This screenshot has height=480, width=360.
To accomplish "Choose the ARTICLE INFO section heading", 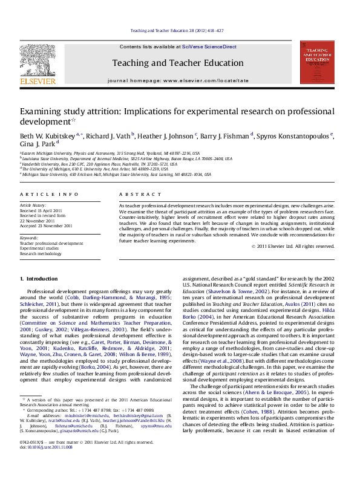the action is (42, 194).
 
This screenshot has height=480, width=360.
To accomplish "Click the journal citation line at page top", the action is (180, 31).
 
